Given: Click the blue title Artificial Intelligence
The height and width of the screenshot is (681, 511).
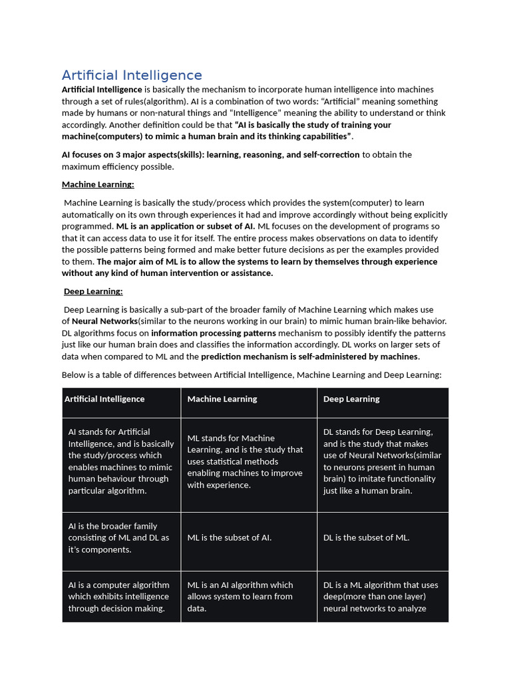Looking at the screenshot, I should point(132,75).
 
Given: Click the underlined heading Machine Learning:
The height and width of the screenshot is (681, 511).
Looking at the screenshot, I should point(98,184).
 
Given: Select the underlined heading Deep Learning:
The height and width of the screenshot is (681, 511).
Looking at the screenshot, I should point(93,291).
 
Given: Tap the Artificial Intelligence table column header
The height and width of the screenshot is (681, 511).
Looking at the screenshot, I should point(104,399).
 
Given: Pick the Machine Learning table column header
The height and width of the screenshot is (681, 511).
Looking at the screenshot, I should point(222,399).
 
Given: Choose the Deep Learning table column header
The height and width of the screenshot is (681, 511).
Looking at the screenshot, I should point(351,399).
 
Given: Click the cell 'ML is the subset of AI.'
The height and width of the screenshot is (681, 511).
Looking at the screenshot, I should point(230,537).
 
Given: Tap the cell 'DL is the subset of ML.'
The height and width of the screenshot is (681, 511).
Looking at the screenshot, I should point(367,537).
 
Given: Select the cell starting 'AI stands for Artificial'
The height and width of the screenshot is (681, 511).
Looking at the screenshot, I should point(120,461).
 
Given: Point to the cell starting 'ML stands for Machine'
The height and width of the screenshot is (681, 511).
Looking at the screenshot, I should point(245,461).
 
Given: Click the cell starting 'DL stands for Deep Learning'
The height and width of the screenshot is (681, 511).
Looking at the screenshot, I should point(382,461).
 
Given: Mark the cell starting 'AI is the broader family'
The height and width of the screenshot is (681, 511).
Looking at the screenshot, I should point(118,537).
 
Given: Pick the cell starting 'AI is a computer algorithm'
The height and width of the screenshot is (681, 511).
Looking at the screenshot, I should point(118,597).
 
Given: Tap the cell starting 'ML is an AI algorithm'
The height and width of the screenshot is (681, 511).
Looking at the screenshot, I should point(240,597).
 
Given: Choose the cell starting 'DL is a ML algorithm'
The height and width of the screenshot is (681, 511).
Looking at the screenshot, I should point(381,597).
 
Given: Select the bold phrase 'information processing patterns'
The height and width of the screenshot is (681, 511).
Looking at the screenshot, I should point(213,333).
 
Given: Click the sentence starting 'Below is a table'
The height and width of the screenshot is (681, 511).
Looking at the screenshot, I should point(252,375).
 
